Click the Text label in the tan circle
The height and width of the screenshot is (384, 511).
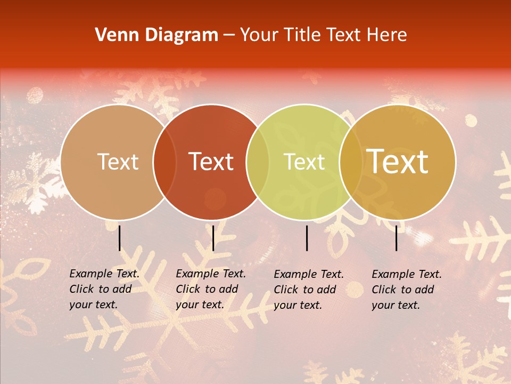click(118, 162)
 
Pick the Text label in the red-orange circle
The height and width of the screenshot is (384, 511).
click(211, 162)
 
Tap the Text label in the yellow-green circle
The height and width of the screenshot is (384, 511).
click(304, 162)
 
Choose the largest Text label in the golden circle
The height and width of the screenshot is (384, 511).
click(398, 162)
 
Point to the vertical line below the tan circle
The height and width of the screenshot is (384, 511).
click(120, 238)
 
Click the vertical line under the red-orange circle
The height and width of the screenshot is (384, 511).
click(213, 238)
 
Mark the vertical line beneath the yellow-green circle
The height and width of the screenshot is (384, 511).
click(307, 238)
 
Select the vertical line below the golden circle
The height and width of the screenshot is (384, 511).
click(397, 238)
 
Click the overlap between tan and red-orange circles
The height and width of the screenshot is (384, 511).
click(164, 162)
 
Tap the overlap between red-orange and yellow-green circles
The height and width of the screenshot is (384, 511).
click(258, 162)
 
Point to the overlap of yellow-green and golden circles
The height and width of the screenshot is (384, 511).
click(351, 162)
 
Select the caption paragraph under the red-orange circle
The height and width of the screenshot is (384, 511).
click(211, 289)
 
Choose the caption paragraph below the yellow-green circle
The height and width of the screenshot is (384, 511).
click(309, 290)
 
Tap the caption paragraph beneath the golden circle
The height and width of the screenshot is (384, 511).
click(407, 290)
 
